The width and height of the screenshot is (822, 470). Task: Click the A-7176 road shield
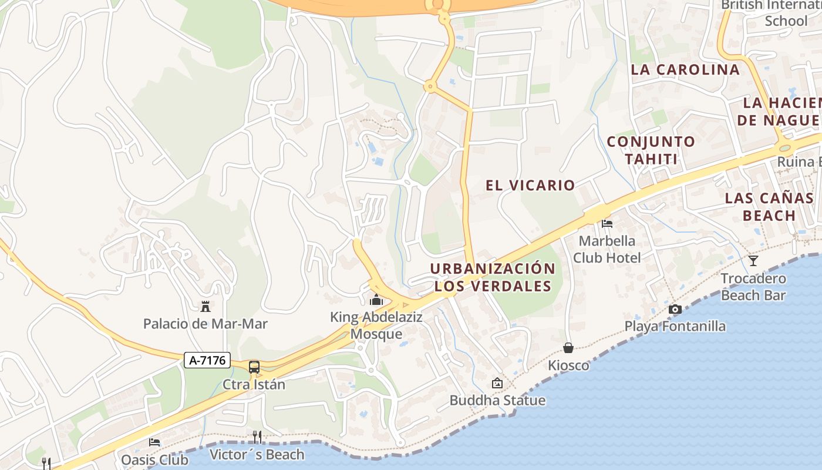click(207, 360)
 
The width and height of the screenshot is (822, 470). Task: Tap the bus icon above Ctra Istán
click(254, 367)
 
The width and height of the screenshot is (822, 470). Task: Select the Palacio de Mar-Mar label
click(206, 324)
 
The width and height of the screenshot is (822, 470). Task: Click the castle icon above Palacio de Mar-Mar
click(206, 306)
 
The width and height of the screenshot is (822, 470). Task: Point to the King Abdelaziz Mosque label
click(376, 325)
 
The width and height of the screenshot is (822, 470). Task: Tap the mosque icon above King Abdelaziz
click(376, 300)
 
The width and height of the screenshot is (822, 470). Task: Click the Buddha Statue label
click(497, 401)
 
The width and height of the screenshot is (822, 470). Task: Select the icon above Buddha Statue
click(497, 383)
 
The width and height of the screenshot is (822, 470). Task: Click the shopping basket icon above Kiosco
click(568, 348)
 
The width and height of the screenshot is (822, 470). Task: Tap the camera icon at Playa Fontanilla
click(675, 309)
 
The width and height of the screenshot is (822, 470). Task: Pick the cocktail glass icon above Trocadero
click(753, 260)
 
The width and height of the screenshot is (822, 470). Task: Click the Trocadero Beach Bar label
click(753, 287)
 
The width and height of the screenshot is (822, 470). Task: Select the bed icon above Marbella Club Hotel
click(607, 223)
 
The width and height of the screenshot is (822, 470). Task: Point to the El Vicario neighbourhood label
click(530, 185)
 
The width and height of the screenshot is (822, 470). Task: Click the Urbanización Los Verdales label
click(493, 277)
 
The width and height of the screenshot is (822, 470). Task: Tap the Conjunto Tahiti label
click(651, 150)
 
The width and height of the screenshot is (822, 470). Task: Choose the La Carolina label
click(685, 69)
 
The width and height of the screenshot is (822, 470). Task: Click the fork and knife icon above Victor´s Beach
click(257, 437)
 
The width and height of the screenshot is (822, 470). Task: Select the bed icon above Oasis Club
click(154, 442)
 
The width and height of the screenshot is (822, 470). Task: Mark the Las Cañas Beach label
click(769, 206)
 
